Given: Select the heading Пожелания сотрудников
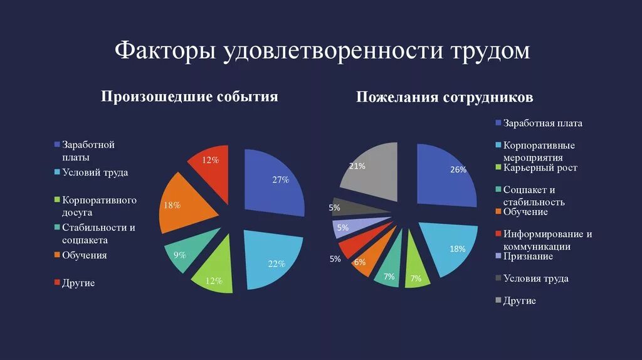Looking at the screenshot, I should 445,98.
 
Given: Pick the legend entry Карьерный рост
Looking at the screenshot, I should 540,168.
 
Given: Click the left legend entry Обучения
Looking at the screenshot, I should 84,255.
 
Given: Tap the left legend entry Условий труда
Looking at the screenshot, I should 90,172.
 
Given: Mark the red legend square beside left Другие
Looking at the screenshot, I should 57,283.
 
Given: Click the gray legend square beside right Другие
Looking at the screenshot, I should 498,300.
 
